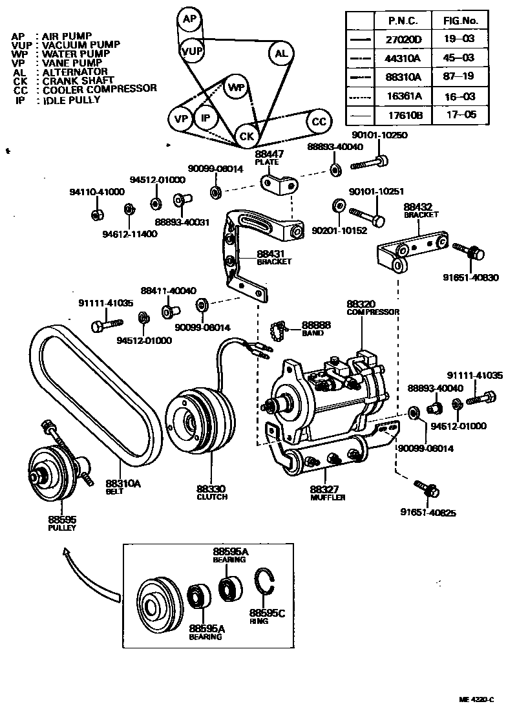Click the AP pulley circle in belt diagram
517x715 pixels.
[189, 19]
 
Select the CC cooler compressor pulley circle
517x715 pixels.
[319, 121]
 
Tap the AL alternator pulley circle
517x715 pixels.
[281, 54]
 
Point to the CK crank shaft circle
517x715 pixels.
[246, 136]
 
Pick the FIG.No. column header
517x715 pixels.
[459, 21]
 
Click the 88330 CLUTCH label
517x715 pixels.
[212, 493]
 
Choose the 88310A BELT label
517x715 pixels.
[123, 486]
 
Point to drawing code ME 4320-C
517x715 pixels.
[477, 699]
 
